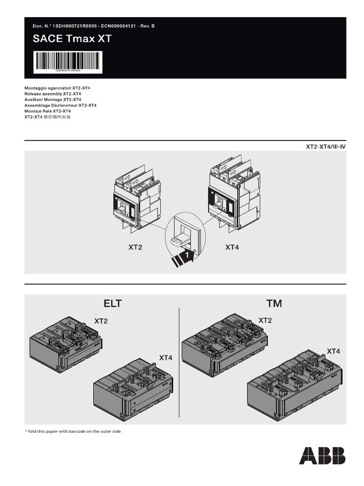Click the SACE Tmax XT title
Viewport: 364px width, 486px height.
click(x=73, y=39)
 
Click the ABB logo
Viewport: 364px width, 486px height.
click(x=322, y=456)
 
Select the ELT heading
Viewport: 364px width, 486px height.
click(x=113, y=303)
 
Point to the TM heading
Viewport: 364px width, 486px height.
click(x=274, y=303)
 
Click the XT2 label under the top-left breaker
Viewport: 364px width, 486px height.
click(x=135, y=247)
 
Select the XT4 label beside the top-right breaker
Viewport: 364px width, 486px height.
click(x=232, y=247)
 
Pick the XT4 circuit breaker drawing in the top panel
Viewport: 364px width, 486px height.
click(x=234, y=192)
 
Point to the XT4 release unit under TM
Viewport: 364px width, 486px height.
click(x=294, y=384)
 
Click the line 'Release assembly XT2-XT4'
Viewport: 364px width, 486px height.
click(x=53, y=94)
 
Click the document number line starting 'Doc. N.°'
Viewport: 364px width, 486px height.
click(x=93, y=26)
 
